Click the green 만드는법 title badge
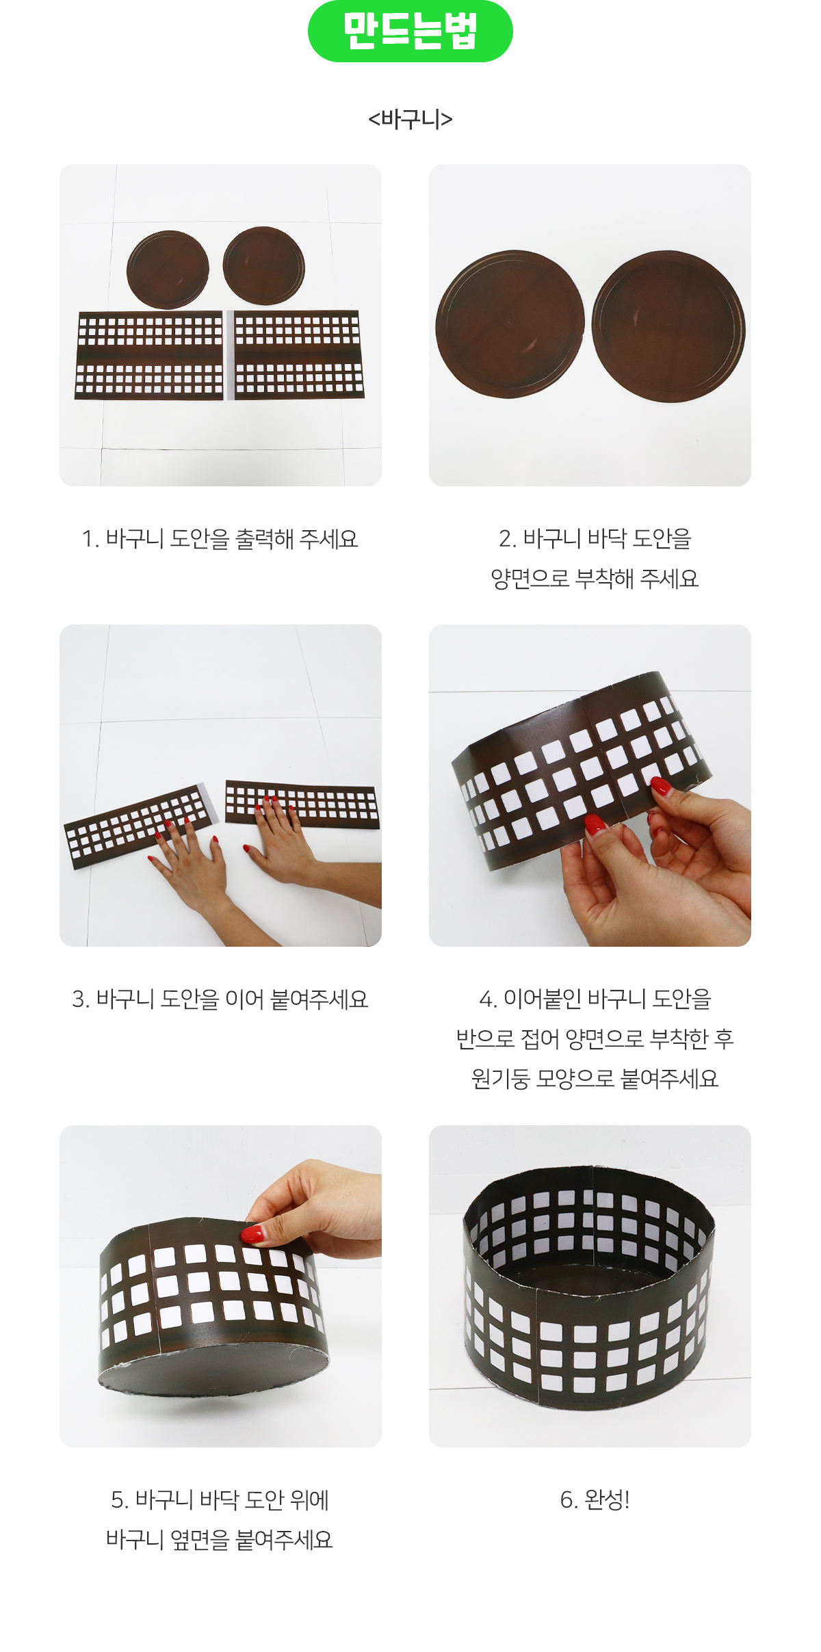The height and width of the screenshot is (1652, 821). click(410, 31)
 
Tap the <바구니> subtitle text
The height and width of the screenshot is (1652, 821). click(410, 119)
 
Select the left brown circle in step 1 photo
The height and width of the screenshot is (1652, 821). click(168, 270)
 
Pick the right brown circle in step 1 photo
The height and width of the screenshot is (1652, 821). click(264, 265)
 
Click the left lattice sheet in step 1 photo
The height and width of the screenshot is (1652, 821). click(149, 356)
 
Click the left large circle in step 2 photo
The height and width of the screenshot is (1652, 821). click(510, 324)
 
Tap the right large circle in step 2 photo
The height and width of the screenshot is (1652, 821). click(668, 326)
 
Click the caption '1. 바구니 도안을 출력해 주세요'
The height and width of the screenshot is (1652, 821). click(220, 539)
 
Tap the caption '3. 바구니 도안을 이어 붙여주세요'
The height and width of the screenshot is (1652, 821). click(220, 999)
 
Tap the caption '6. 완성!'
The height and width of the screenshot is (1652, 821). click(595, 1499)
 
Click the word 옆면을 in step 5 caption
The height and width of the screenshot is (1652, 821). click(200, 1539)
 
